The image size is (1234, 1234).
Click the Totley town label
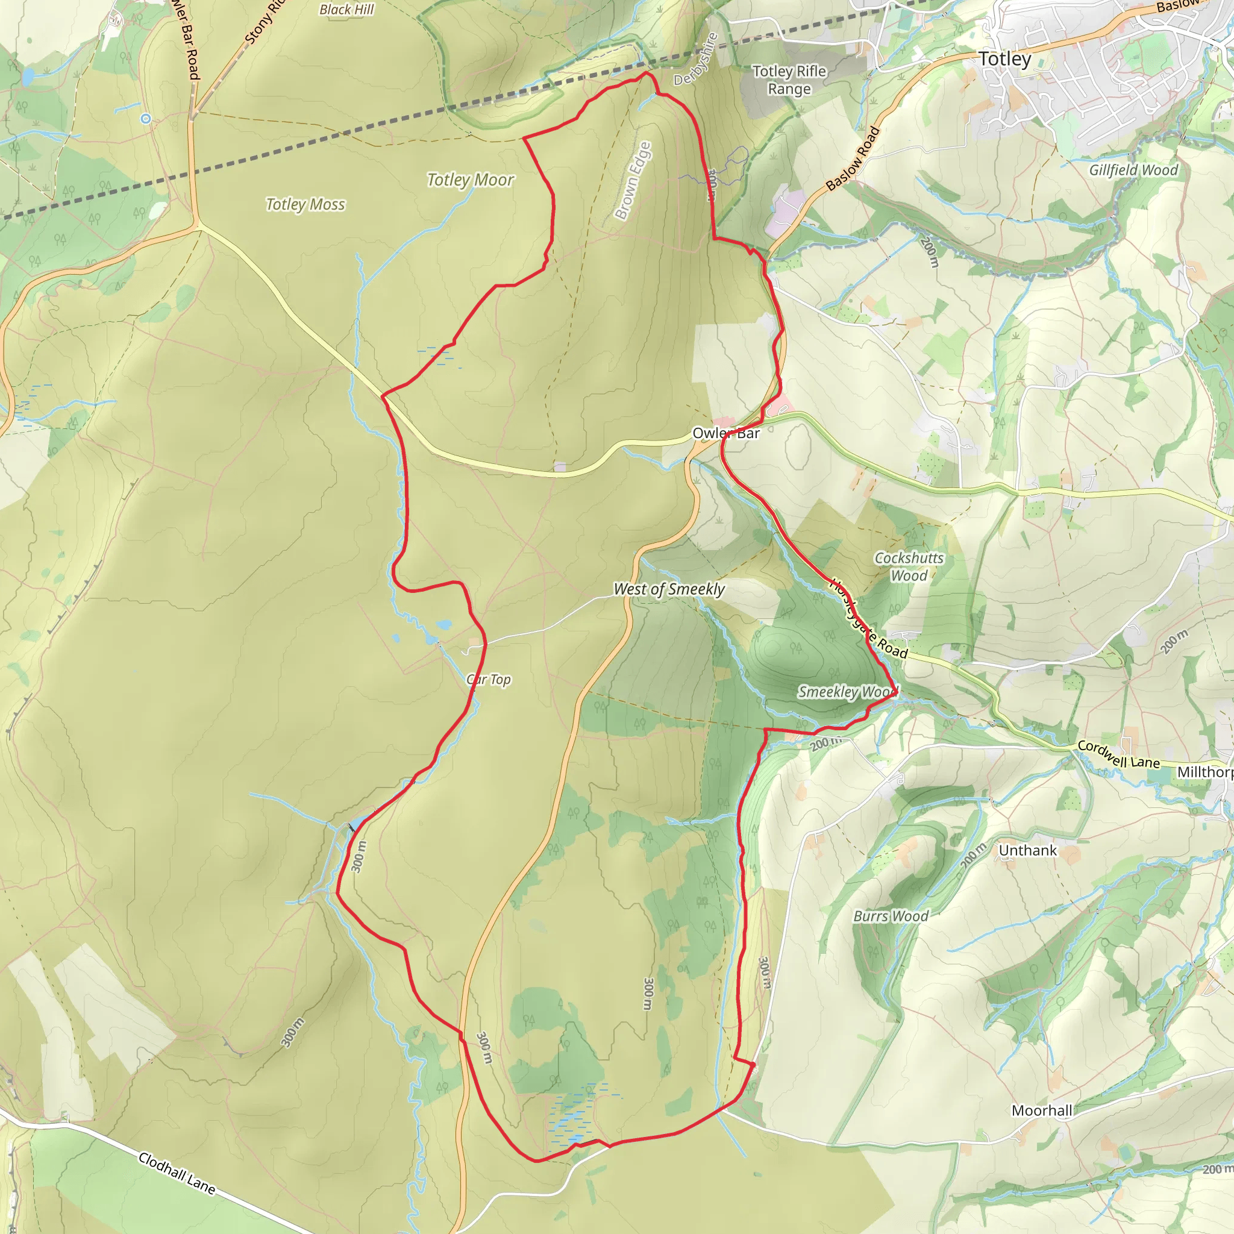1004,60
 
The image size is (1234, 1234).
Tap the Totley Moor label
470,180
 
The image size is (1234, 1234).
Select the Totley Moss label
305,204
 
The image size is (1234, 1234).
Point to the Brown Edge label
632,181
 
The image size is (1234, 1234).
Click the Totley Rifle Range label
789,80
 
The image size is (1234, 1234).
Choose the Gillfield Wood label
1134,171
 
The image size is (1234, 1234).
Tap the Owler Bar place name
726,433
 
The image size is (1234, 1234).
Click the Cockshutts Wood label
909,566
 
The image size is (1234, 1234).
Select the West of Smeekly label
669,589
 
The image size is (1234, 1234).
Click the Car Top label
489,680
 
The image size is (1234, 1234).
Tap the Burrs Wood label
891,916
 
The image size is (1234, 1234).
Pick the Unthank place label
1028,851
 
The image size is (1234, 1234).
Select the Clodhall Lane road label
177,1173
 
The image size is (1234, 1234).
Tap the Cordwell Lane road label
1118,754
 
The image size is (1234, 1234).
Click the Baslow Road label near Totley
853,159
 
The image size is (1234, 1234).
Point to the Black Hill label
346,10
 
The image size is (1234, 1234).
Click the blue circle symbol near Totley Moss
146,118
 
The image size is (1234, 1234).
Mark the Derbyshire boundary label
695,59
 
